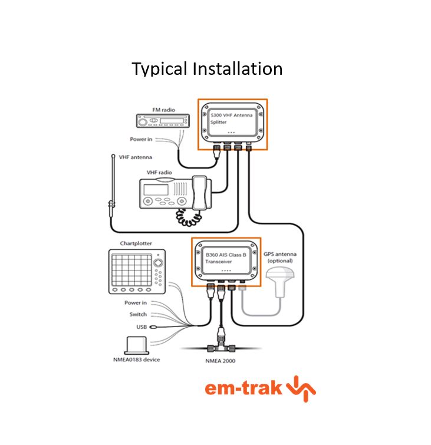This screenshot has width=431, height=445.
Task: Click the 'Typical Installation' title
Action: pyautogui.click(x=207, y=69)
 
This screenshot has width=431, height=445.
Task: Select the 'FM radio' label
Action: pyautogui.click(x=163, y=110)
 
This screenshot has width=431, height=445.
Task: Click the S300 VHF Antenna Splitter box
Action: pyautogui.click(x=232, y=121)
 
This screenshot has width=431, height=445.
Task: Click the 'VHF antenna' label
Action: pyautogui.click(x=136, y=157)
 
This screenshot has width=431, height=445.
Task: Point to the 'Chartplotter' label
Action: pyautogui.click(x=136, y=242)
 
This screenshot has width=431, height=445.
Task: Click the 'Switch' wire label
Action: pyautogui.click(x=138, y=314)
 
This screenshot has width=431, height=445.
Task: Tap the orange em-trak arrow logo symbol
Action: pyautogui.click(x=301, y=389)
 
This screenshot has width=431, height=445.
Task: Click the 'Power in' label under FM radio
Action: pyautogui.click(x=142, y=140)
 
